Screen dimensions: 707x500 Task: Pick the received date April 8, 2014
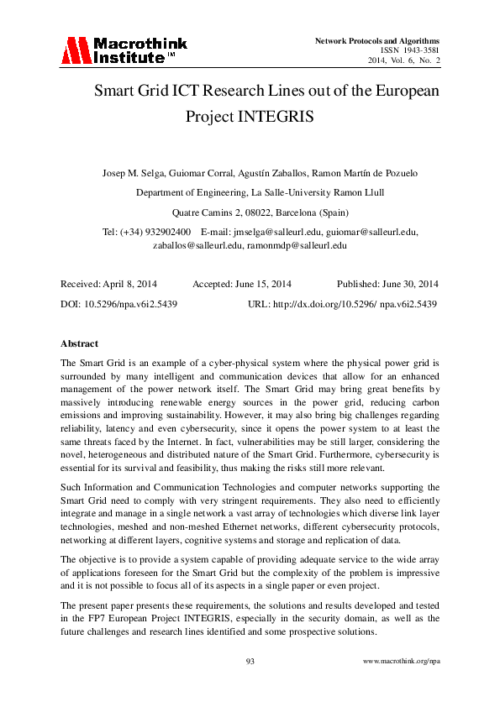click(127, 284)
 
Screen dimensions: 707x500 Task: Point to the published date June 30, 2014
click(410, 284)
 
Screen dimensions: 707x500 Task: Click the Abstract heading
click(80, 343)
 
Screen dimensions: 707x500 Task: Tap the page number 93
click(250, 662)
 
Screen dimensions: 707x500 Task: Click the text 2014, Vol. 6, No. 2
click(403, 60)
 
